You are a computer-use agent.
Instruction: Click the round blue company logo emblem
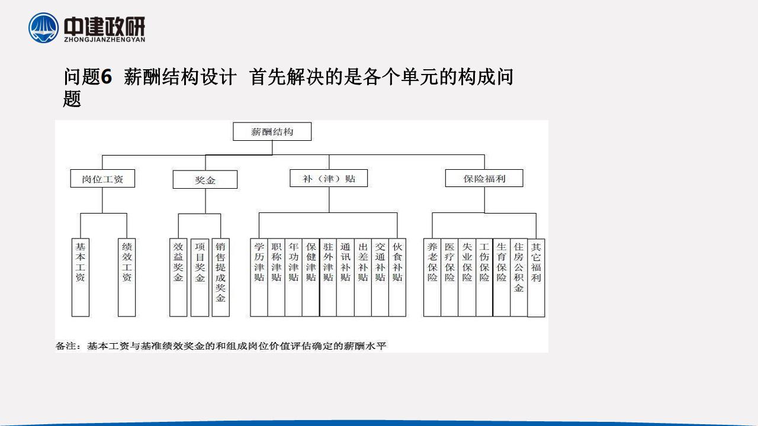(x=43, y=28)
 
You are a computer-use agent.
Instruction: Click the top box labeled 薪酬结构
(x=272, y=131)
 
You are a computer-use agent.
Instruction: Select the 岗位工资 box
(x=102, y=179)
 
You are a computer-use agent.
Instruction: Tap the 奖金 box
(x=205, y=179)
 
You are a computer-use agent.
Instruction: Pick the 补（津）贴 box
(x=329, y=178)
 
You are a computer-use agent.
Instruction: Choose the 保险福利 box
(x=484, y=178)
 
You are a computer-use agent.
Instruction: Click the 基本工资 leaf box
(x=81, y=277)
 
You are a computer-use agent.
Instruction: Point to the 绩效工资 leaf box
(x=127, y=277)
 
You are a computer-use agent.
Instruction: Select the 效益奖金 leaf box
(x=178, y=277)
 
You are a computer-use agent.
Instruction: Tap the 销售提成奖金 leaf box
(x=221, y=277)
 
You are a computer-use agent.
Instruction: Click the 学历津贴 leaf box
(x=259, y=277)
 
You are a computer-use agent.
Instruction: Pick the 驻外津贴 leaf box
(x=328, y=277)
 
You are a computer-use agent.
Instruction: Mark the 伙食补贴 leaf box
(x=397, y=277)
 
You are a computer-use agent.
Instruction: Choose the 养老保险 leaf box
(x=432, y=277)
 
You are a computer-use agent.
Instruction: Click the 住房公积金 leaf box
(x=519, y=277)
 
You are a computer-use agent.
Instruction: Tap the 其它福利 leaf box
(x=536, y=278)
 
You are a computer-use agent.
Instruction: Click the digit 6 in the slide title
(x=106, y=77)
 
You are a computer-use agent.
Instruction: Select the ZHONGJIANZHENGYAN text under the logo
(x=105, y=39)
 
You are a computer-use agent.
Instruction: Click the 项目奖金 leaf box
(x=200, y=277)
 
